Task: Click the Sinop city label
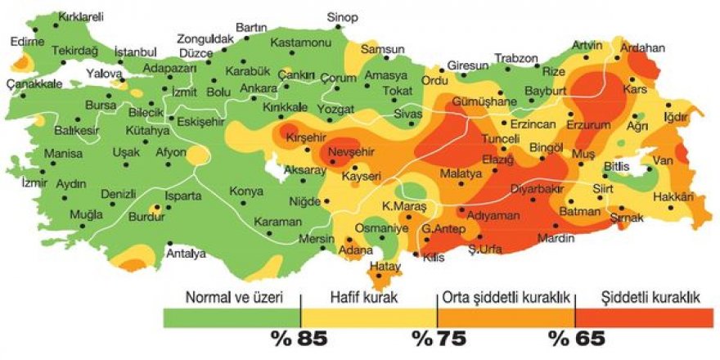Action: pos(342,16)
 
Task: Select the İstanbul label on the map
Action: pos(134,52)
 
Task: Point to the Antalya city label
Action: pos(186,254)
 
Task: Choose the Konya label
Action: pos(246,191)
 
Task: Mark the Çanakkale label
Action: pos(34,83)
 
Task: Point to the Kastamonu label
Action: pos(299,42)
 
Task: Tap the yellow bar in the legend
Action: pos(368,317)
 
